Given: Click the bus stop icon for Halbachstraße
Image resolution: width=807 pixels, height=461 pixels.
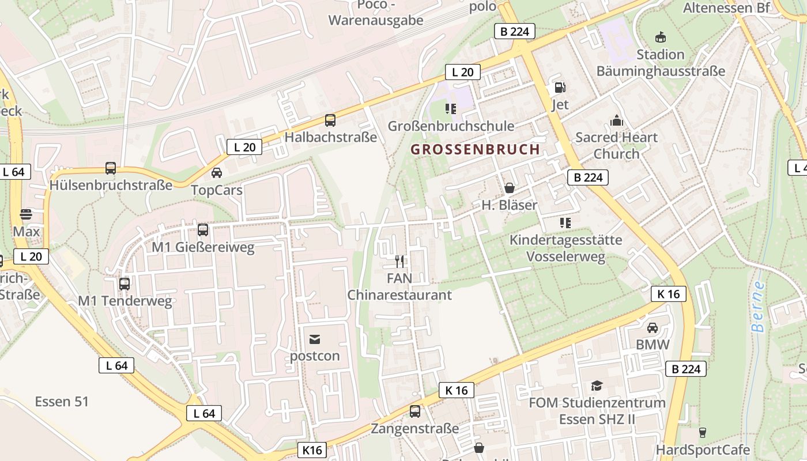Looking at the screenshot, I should click(330, 120).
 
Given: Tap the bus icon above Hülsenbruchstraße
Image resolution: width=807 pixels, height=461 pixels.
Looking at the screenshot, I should click(110, 168).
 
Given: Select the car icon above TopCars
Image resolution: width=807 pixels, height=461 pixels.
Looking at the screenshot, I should click(216, 172).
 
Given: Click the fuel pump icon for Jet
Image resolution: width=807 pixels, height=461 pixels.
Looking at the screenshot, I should click(560, 88).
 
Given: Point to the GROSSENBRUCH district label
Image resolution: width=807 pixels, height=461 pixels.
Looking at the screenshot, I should click(475, 149).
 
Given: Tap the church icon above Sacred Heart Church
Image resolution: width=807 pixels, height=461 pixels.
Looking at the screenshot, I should click(616, 121).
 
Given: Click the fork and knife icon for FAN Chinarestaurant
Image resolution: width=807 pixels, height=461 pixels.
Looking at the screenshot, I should click(399, 262).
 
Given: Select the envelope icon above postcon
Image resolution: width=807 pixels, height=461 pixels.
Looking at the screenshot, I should click(315, 339).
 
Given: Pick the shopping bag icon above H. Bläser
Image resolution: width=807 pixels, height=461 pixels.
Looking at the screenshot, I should click(509, 188).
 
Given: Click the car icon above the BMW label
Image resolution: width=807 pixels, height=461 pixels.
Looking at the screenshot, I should click(652, 328).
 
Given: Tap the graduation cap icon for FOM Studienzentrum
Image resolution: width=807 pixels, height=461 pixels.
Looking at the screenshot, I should click(597, 386).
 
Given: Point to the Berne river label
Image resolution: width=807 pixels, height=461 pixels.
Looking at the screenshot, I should click(759, 307).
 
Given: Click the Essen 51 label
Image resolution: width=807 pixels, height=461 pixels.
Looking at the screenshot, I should click(62, 402).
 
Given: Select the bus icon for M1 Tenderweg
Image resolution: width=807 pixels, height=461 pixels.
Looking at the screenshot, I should click(124, 284).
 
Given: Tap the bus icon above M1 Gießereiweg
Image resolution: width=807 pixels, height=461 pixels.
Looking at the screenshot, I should click(202, 230).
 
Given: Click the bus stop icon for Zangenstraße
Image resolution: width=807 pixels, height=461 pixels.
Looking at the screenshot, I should click(414, 411).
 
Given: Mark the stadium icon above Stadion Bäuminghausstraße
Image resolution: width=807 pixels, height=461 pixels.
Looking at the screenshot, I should click(660, 37).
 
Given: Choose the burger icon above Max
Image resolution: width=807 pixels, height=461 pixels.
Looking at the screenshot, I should click(26, 214).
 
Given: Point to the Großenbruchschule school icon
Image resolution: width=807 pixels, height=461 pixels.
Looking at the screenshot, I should click(450, 108).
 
